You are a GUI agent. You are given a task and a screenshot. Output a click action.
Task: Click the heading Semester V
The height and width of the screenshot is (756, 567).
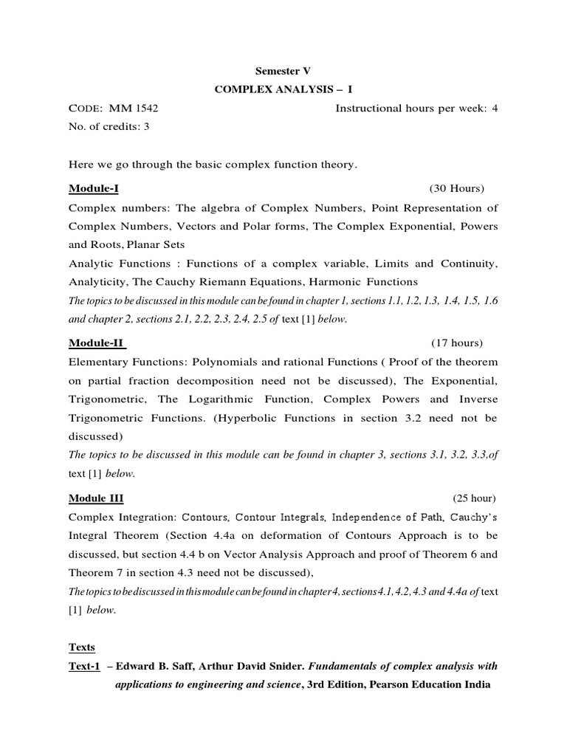[x=283, y=72]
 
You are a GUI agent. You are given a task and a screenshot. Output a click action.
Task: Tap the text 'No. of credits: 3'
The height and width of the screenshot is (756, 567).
[x=109, y=126]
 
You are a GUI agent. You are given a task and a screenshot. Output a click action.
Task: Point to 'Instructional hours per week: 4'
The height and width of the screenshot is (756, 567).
[x=416, y=109]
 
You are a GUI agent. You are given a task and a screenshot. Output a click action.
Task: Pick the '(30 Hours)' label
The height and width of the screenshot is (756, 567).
[x=456, y=188]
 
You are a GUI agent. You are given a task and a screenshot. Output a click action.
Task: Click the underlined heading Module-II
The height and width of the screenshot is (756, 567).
[x=97, y=343]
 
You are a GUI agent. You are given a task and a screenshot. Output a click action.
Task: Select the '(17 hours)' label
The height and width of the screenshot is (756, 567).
[x=457, y=343]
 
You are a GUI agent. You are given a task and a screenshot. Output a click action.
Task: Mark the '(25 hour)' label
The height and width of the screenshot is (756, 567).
[x=475, y=498]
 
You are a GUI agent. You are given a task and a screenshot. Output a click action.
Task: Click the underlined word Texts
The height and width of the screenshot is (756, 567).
[x=82, y=647]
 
